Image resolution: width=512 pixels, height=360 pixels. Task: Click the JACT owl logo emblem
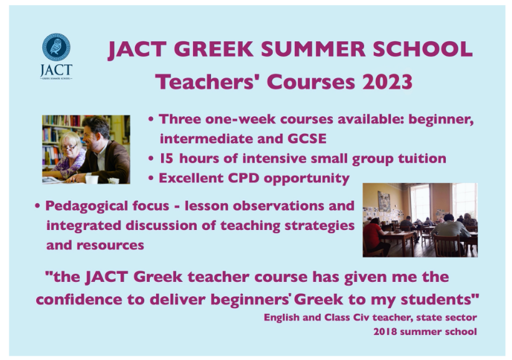click(x=56, y=47)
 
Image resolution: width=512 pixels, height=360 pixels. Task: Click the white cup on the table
click(x=92, y=179)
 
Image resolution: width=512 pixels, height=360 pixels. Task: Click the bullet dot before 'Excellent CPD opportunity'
click(x=152, y=179)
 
